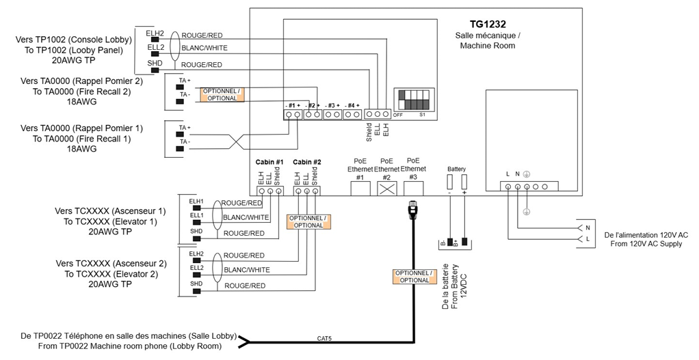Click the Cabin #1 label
(269, 162)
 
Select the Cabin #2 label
(306, 162)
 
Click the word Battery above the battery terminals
(456, 168)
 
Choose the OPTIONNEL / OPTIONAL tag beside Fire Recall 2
(220, 94)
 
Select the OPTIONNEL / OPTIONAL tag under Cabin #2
(308, 221)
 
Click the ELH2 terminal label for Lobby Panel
(155, 33)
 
